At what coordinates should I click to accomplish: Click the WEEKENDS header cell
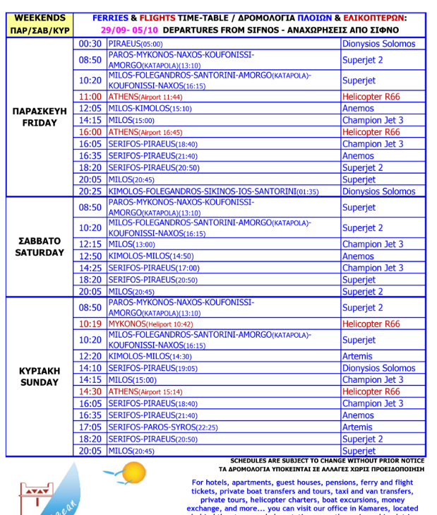(40, 18)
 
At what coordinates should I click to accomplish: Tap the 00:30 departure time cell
(90, 44)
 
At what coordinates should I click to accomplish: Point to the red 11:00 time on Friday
(90, 97)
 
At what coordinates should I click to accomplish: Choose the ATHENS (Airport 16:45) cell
(145, 132)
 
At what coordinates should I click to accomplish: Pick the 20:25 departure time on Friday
(90, 191)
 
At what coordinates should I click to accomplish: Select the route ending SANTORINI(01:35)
(212, 191)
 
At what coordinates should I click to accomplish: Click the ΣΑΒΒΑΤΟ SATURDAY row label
(40, 247)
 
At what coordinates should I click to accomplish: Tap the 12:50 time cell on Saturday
(90, 256)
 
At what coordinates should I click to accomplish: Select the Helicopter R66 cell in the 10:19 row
(371, 324)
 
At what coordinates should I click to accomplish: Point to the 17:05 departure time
(90, 427)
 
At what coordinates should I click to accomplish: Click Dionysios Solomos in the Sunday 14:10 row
(378, 368)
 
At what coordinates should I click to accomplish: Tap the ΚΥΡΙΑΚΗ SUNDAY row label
(40, 377)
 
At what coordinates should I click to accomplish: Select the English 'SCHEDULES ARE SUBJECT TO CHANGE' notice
(327, 460)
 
